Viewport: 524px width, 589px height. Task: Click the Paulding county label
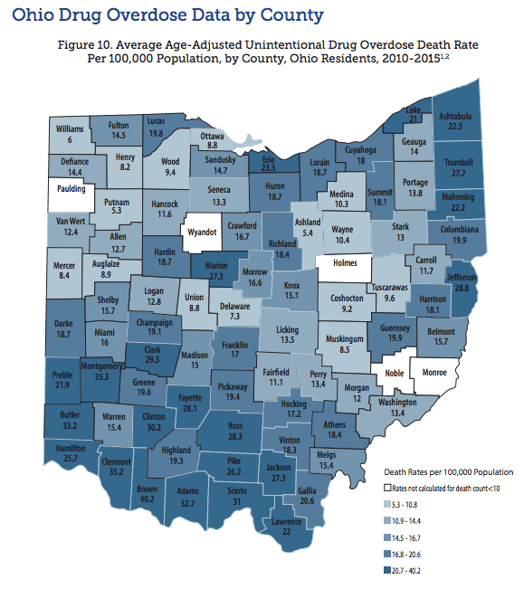click(x=69, y=190)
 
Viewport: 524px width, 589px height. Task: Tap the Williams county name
click(x=70, y=129)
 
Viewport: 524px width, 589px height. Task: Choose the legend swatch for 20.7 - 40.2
click(x=386, y=572)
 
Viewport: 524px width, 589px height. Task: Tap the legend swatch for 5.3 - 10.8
click(x=386, y=505)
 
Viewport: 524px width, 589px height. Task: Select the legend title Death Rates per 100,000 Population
click(x=448, y=472)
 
